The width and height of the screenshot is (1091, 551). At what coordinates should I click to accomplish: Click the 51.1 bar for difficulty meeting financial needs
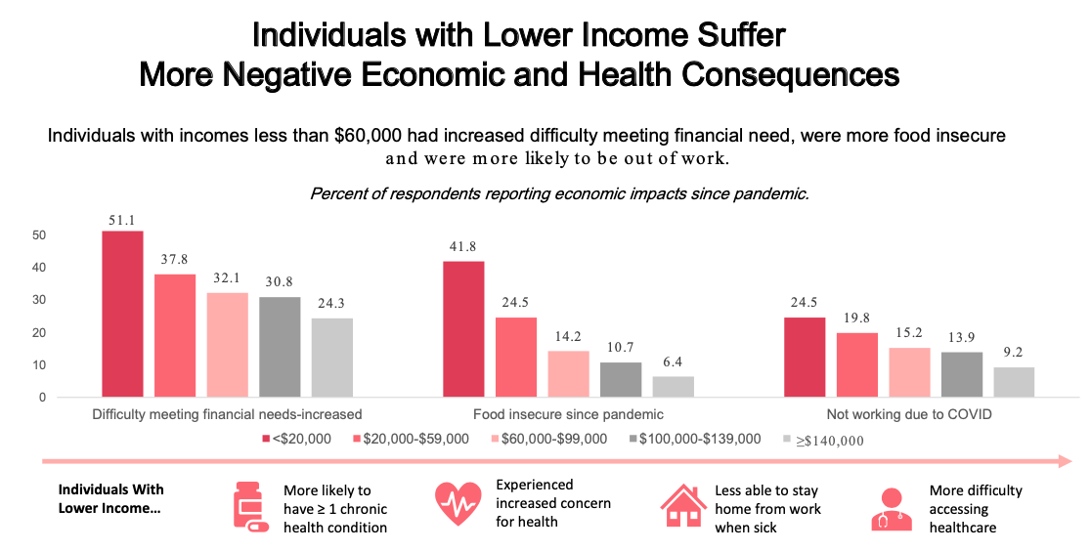(122, 314)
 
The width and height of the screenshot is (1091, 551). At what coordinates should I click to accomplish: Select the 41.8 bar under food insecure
(463, 329)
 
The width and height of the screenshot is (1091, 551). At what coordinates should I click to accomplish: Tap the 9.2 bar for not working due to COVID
(1014, 382)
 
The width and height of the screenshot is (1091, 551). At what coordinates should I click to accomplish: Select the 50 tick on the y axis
(39, 235)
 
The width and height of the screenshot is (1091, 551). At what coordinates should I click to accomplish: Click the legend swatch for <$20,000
(266, 440)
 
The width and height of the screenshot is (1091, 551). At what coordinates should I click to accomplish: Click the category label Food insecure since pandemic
(567, 414)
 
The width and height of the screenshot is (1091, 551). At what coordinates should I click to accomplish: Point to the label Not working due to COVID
(908, 414)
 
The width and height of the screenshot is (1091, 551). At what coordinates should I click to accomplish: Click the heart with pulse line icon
(458, 504)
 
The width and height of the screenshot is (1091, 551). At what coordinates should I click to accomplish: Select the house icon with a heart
(683, 506)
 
